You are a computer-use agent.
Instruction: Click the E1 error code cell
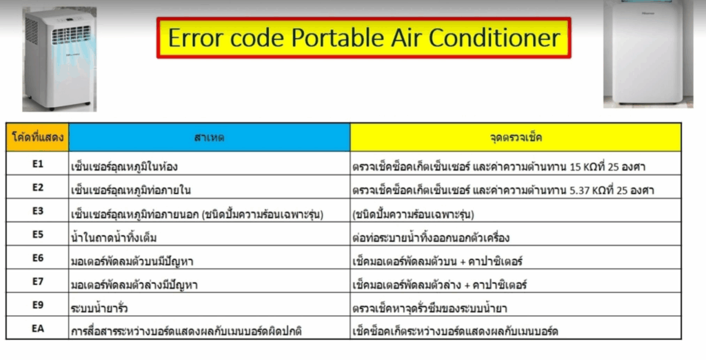coord(37,163)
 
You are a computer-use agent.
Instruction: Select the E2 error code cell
coord(37,187)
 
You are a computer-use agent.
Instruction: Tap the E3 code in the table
coord(37,210)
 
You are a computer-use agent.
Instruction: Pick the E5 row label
coord(37,234)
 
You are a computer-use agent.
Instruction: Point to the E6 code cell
coord(37,258)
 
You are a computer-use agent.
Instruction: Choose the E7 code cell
coord(37,281)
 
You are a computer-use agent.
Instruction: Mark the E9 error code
coord(37,305)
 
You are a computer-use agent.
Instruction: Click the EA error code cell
coord(37,328)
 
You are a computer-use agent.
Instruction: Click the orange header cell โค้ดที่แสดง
coord(37,137)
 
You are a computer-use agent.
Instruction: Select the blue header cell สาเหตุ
coord(210,137)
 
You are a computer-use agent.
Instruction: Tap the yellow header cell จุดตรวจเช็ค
coord(516,137)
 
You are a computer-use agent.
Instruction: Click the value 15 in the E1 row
coord(576,167)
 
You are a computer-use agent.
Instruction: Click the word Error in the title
coord(196,38)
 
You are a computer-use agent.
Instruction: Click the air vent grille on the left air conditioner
coord(71,34)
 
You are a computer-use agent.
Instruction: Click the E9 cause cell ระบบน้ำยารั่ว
coord(210,305)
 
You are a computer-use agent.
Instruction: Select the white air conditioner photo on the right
coord(648,54)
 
